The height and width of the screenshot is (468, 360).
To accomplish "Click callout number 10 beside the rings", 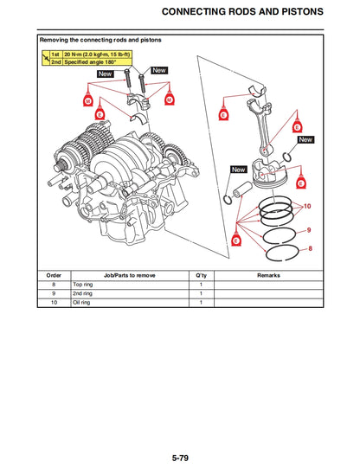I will (x=307, y=207).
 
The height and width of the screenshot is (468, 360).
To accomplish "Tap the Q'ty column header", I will (x=201, y=275).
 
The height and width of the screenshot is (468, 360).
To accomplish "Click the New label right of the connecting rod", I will (x=305, y=139).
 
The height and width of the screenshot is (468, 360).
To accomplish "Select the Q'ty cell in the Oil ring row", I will (x=201, y=303).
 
